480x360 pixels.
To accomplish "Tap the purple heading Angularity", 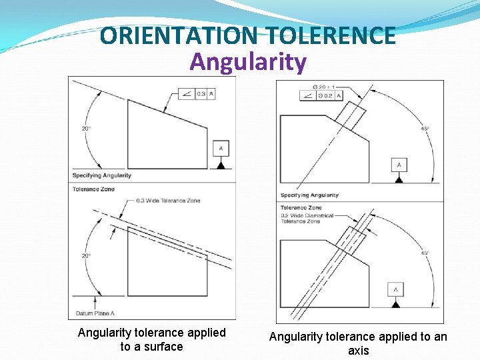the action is coord(248,62).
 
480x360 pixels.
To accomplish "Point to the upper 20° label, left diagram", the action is coord(87,128).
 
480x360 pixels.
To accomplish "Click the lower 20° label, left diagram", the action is coord(87,255).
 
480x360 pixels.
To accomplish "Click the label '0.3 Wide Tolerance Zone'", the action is coord(168,201).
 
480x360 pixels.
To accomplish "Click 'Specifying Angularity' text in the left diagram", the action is coord(101,175).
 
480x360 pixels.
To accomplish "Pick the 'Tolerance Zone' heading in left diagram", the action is coord(93,189).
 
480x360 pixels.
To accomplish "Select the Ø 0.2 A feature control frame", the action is coord(321,96).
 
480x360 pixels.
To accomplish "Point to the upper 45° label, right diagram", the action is coord(425,129).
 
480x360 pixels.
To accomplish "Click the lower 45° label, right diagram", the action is coord(425,253).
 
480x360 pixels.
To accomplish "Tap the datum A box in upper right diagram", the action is coord(399,164).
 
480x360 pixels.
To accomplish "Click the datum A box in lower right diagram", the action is coord(396,289).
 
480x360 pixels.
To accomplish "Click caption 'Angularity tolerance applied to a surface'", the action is coord(152,339).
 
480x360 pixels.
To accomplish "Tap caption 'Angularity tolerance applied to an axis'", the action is coord(358,343).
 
